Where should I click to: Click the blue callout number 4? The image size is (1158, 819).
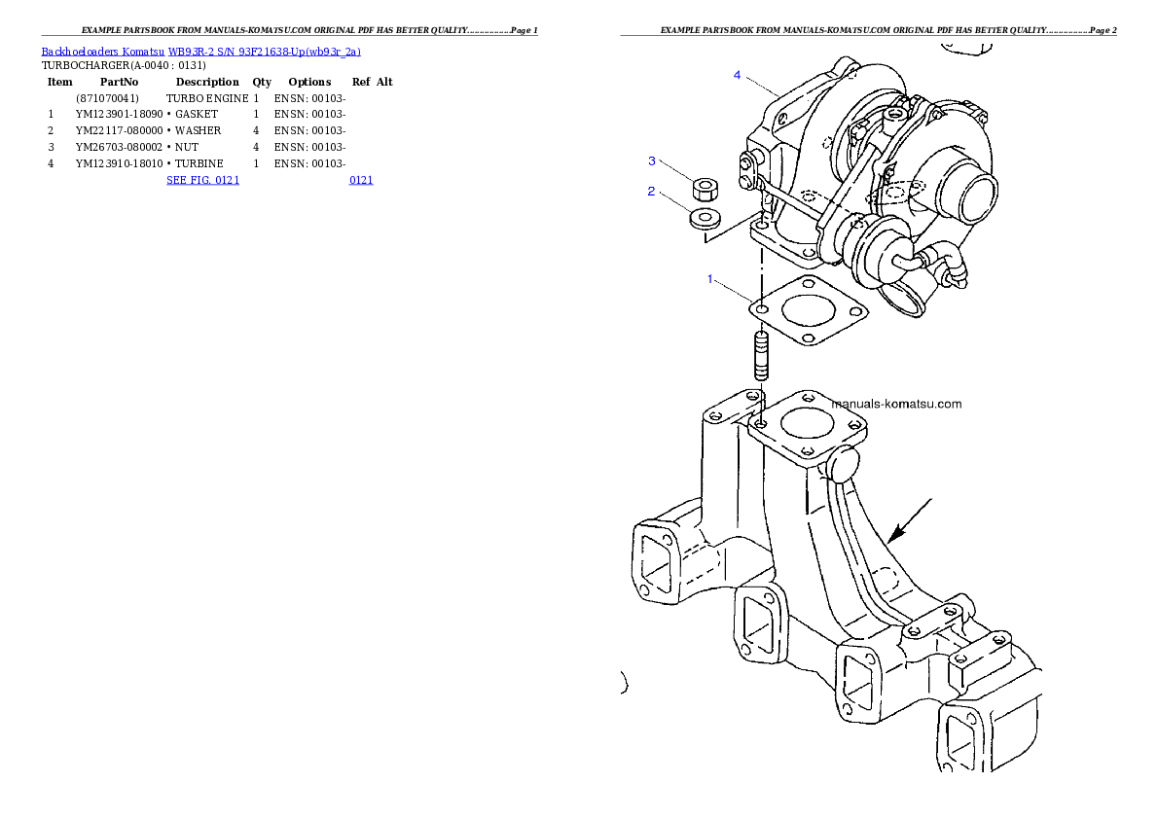[738, 75]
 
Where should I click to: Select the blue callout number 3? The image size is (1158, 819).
[653, 160]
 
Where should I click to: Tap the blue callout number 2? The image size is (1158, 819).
[652, 192]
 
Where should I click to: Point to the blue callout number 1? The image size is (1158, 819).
[710, 279]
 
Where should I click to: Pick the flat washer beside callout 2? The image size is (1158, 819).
[704, 218]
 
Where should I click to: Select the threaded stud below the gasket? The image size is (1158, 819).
[761, 356]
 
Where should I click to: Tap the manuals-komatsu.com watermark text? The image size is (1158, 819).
[896, 404]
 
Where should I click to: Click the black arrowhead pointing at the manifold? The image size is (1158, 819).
[895, 534]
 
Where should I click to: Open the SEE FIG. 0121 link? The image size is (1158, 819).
[202, 180]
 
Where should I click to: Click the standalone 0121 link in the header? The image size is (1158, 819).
[360, 180]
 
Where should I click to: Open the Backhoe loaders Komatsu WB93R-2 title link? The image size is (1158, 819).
[200, 52]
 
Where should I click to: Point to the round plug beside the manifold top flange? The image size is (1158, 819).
[843, 465]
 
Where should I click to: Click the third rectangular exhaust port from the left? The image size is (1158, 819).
[861, 687]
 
